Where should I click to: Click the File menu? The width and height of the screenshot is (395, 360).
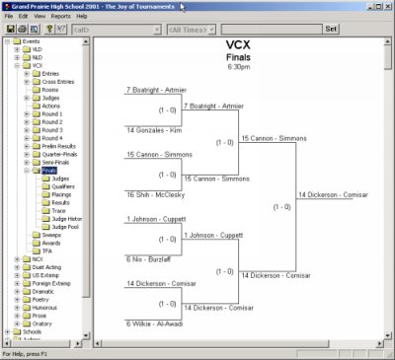pyautogui.click(x=9, y=17)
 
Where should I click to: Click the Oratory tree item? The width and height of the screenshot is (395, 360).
pyautogui.click(x=43, y=324)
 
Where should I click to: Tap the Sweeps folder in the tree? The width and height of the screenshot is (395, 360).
pyautogui.click(x=49, y=235)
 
